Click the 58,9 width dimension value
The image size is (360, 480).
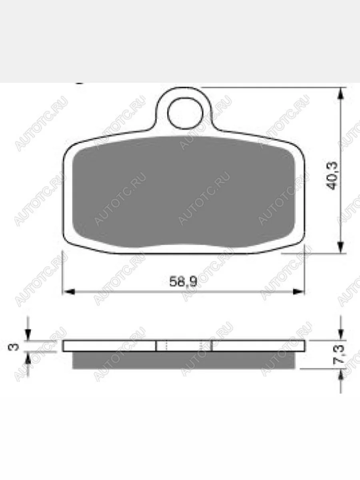(183, 281)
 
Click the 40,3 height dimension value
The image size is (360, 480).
(332, 176)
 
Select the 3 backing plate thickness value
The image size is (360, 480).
(14, 347)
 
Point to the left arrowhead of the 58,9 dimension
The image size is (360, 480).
(68, 292)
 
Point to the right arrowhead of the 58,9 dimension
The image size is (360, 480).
(298, 292)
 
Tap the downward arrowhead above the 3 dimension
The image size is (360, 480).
(28, 335)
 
